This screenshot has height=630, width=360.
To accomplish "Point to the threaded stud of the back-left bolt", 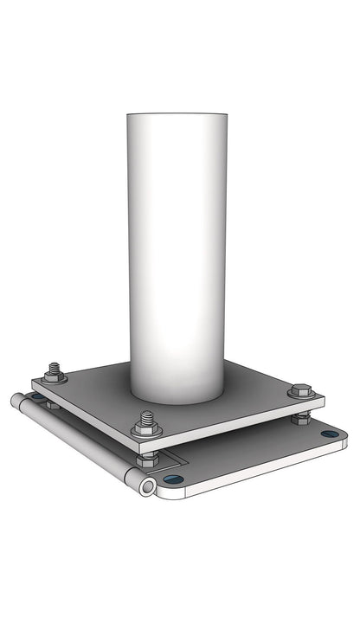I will point(55,368).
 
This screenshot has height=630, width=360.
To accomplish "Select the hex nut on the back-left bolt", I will point(55,377).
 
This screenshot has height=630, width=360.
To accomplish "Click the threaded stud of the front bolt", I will point(146,418).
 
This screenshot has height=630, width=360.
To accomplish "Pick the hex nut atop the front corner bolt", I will point(146,428).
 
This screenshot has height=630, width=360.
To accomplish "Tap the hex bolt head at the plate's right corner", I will point(300,391).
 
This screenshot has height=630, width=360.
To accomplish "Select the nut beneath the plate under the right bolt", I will point(301,419).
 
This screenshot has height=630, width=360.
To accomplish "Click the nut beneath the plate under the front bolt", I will point(147,456).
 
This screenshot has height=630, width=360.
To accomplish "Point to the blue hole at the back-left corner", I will point(38,397).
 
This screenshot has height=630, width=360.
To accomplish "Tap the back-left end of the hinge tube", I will point(16,401).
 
